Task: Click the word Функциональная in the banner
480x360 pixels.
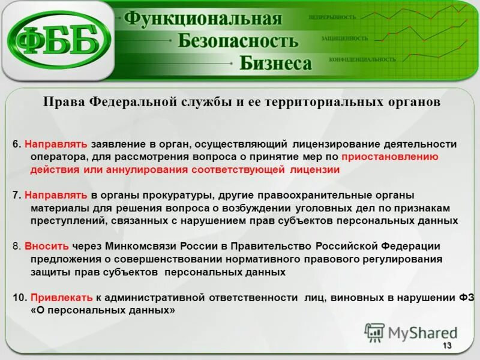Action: coord(203,19)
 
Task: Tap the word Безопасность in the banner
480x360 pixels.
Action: coord(238,41)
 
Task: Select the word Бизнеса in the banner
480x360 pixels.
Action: coord(276,63)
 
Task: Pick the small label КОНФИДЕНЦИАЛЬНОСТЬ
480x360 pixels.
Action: coord(362,59)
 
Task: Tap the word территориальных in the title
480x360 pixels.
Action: coord(319,102)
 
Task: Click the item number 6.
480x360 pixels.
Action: coord(16,145)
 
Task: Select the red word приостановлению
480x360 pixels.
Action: coord(390,157)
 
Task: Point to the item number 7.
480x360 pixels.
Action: coord(16,196)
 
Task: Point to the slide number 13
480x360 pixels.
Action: coord(447,346)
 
